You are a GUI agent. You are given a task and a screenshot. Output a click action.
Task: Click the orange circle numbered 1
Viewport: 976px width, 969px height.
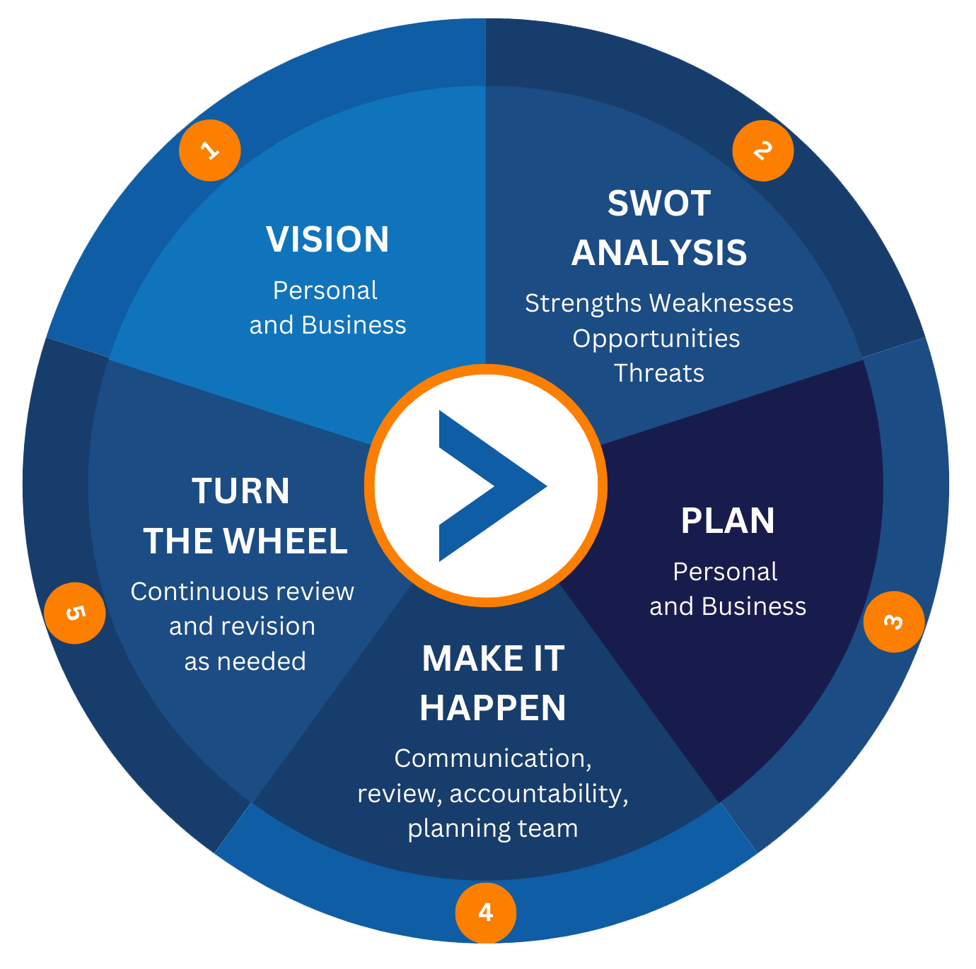210,151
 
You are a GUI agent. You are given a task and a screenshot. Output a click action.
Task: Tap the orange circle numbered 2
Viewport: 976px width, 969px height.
762,151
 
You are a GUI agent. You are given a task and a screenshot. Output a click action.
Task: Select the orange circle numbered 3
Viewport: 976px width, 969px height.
894,621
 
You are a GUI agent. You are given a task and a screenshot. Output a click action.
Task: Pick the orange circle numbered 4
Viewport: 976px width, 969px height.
486,912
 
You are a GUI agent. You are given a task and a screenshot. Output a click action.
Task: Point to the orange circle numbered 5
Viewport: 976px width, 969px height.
75,613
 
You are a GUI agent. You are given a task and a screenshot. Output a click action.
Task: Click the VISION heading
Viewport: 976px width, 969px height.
327,239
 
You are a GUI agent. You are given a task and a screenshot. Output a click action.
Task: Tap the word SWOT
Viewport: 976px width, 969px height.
659,204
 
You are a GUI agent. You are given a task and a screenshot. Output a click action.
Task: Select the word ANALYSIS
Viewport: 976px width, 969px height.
659,252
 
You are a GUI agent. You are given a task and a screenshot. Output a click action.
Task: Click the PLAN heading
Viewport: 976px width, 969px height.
728,521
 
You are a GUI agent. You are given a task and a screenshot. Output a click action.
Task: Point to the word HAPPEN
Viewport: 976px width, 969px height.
493,707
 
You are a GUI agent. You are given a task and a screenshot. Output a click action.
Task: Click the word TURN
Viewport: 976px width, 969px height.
241,491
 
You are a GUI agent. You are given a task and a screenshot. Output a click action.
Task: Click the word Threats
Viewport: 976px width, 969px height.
659,372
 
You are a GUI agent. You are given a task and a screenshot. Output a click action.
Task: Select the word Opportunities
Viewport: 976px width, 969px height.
656,338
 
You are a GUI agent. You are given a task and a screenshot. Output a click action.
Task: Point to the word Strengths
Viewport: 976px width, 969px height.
583,303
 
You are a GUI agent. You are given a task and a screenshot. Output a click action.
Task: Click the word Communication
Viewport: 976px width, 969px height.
492,758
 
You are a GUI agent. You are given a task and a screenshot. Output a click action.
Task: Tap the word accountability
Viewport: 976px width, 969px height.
538,793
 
